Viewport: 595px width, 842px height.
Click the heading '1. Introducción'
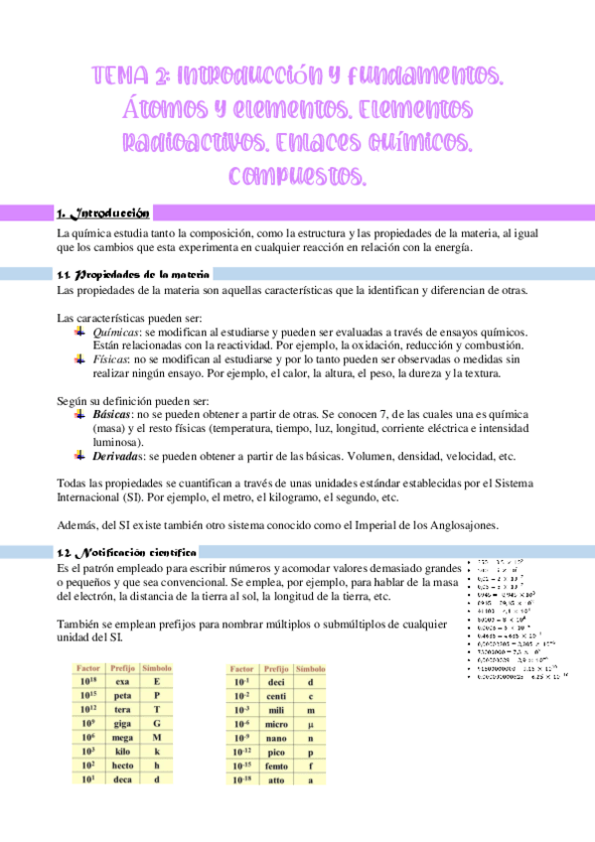click(x=103, y=212)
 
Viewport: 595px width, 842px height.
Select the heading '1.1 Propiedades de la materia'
click(x=132, y=273)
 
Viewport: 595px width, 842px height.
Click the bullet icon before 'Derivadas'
click(x=79, y=455)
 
